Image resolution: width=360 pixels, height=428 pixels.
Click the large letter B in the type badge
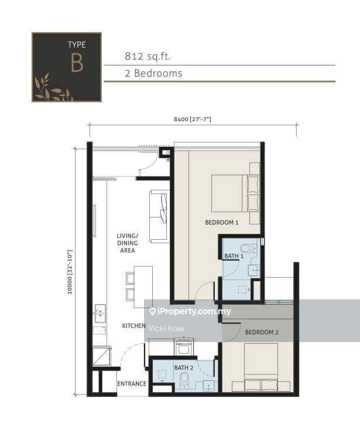pyautogui.click(x=77, y=63)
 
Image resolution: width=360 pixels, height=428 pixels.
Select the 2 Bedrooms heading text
pyautogui.click(x=153, y=73)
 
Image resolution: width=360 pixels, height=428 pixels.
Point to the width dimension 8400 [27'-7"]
pyautogui.click(x=192, y=119)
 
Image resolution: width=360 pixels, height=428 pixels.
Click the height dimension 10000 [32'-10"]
pyautogui.click(x=70, y=272)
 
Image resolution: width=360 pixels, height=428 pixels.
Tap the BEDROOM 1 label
pyautogui.click(x=222, y=223)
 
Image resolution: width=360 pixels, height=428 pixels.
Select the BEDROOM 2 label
pyautogui.click(x=261, y=332)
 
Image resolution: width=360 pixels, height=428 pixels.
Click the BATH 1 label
pyautogui.click(x=234, y=256)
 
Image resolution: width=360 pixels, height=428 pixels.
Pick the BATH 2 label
pyautogui.click(x=183, y=367)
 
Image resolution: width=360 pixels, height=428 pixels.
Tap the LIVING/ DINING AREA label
pyautogui.click(x=126, y=243)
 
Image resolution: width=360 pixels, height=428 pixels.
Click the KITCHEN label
pyautogui.click(x=133, y=326)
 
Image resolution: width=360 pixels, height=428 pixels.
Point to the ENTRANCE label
pyautogui.click(x=132, y=384)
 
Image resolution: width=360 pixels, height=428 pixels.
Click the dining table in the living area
pyautogui.click(x=143, y=287)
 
